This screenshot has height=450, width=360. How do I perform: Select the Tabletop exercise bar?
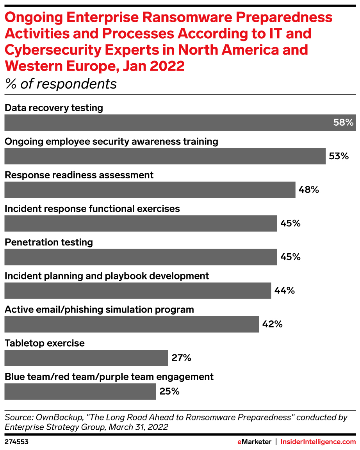[x=86, y=358]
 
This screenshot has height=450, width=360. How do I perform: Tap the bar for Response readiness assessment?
[x=150, y=190]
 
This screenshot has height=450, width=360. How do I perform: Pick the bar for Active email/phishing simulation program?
[x=131, y=324]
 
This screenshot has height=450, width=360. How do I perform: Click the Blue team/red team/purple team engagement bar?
[x=80, y=391]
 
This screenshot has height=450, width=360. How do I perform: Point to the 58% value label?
[x=343, y=123]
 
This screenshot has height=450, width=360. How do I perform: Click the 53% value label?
[x=338, y=156]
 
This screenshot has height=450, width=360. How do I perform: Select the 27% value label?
[x=181, y=358]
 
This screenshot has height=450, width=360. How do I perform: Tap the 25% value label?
[x=169, y=391]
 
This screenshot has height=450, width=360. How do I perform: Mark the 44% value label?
[x=284, y=290]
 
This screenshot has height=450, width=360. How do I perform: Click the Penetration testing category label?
[x=49, y=242]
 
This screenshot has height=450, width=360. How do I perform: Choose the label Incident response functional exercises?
[x=92, y=209]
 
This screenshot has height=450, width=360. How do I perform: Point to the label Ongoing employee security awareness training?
[x=111, y=141]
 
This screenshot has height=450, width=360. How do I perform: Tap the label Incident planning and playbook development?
[x=107, y=276]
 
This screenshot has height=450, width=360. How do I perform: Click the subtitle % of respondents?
[x=61, y=84]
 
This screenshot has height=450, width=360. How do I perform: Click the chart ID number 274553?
[x=16, y=442]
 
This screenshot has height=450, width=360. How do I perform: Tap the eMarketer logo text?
[x=254, y=442]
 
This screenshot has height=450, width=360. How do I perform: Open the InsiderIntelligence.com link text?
[x=318, y=442]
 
